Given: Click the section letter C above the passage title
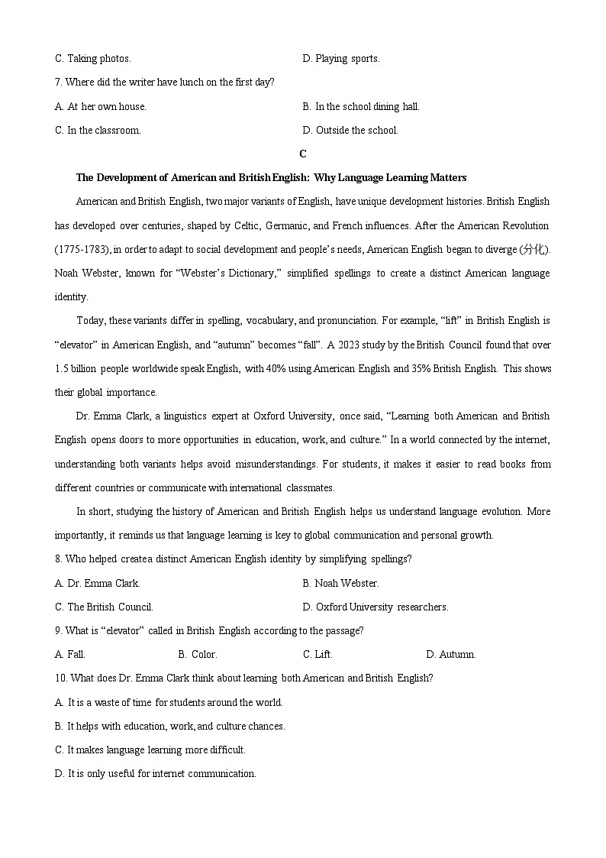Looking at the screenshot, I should click(303, 154).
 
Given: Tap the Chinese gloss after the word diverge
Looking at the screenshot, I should click(533, 250).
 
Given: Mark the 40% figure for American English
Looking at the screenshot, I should click(276, 368).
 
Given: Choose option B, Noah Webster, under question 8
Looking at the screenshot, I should click(340, 583).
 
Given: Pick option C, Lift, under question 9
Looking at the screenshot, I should click(318, 655).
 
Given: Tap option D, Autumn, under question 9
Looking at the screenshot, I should click(451, 655).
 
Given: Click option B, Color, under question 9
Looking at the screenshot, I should click(198, 655).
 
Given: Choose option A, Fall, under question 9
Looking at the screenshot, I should click(70, 655).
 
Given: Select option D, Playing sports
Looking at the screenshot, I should click(341, 59).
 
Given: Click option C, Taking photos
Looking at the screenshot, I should click(93, 59).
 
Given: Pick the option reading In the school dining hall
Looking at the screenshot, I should click(361, 106).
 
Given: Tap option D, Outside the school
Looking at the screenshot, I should click(350, 131).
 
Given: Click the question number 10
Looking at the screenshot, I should click(60, 678).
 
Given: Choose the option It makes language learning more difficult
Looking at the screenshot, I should click(150, 750).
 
